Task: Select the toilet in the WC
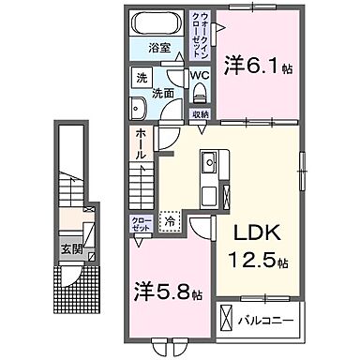200,92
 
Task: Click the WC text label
199,75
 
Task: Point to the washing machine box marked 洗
139,75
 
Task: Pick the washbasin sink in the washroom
138,108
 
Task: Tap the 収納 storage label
200,113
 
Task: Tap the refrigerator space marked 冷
170,221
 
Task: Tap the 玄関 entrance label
72,248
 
